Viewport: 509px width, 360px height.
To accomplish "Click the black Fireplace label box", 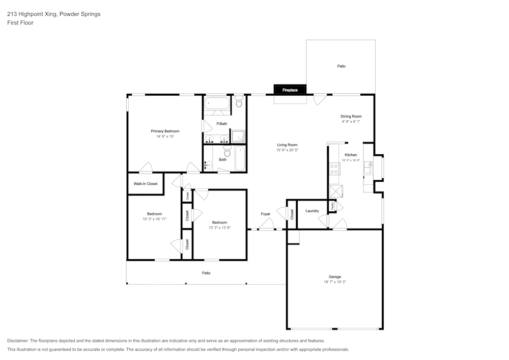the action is [x=290, y=90].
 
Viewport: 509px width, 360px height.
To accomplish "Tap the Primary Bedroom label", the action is [x=165, y=131].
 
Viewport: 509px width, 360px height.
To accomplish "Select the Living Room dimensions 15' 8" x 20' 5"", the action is [x=287, y=150].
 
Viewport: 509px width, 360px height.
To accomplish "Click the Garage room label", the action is [x=335, y=276].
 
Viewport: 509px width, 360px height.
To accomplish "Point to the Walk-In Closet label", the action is [x=146, y=184].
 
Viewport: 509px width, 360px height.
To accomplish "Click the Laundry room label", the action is [x=312, y=211].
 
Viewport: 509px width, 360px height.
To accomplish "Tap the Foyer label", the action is [x=266, y=214].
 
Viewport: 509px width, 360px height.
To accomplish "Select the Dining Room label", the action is [x=351, y=116].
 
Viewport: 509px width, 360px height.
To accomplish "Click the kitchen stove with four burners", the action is [x=334, y=169].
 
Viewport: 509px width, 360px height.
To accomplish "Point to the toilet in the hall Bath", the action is [x=227, y=151].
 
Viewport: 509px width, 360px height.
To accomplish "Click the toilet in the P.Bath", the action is [x=239, y=101].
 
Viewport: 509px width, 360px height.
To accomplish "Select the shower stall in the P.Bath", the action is [x=238, y=136].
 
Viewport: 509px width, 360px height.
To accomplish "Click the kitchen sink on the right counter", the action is [x=368, y=168].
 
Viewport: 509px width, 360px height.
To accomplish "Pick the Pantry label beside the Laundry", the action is [x=332, y=206].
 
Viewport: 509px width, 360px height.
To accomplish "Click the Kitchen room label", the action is [x=351, y=155].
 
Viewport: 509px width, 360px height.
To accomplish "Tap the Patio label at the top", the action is [x=341, y=66].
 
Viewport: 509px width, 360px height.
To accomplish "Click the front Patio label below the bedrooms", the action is [x=206, y=273].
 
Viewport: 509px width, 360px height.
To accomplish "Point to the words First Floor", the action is [x=20, y=23].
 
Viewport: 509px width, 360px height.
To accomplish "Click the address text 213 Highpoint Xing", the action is [x=31, y=14].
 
